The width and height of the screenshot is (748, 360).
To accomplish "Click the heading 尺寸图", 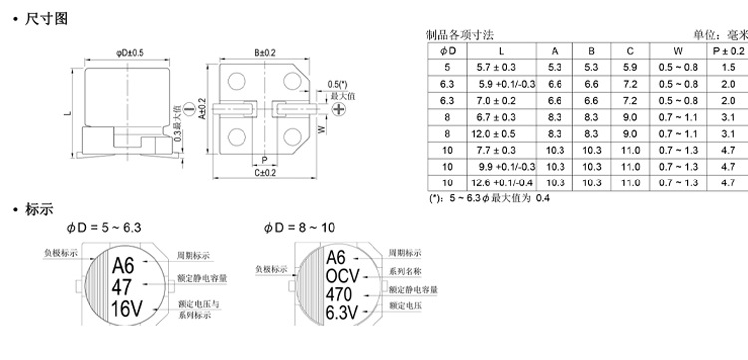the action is [x=47, y=19].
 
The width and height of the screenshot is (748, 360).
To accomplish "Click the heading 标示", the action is [x=39, y=209].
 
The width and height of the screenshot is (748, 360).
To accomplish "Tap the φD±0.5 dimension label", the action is [x=130, y=53].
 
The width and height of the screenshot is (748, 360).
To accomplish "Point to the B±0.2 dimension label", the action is [x=265, y=53].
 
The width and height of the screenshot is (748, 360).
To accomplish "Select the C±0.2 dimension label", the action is [x=265, y=173].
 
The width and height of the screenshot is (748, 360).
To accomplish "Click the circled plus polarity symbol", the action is [x=339, y=109].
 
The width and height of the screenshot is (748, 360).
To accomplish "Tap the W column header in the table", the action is [x=678, y=51].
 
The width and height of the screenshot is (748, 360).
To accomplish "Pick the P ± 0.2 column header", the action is [x=728, y=51].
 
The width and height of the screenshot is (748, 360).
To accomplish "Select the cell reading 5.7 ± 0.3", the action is [x=496, y=67].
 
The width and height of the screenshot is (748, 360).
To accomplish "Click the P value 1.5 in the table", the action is [x=728, y=67].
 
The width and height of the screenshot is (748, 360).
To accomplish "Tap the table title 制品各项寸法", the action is [x=460, y=35].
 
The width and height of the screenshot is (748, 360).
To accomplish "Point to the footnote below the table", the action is [x=489, y=198].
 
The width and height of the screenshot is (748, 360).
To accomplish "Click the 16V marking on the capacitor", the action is [x=127, y=309].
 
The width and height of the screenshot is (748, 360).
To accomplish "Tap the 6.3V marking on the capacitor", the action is [x=341, y=313].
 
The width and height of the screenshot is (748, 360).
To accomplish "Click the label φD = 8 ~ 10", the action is [x=299, y=228].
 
